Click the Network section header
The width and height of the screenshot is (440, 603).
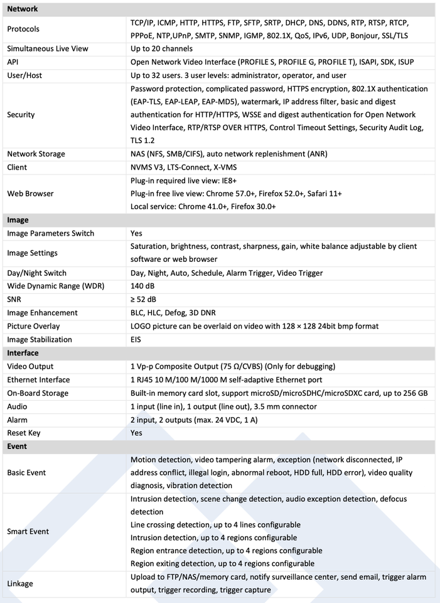[x=23, y=9]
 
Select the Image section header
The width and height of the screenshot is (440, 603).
[x=18, y=220]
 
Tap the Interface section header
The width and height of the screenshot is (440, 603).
[x=23, y=353]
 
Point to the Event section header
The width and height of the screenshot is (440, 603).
[x=17, y=446]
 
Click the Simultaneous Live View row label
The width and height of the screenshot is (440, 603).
[x=48, y=49]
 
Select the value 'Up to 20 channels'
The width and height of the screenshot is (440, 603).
[x=161, y=49]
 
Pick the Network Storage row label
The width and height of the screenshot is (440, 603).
[x=36, y=154]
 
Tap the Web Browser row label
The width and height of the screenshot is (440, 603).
[x=30, y=193]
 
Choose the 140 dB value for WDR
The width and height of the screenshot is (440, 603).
[x=142, y=286]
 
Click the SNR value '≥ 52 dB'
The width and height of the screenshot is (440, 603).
[x=144, y=300]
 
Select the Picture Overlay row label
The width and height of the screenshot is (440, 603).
[x=33, y=326]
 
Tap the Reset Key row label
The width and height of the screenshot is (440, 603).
[x=24, y=433]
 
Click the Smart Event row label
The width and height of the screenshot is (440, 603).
[x=28, y=531]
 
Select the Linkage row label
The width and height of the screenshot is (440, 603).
[x=20, y=584]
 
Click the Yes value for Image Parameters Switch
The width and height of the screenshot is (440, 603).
[x=136, y=234]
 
